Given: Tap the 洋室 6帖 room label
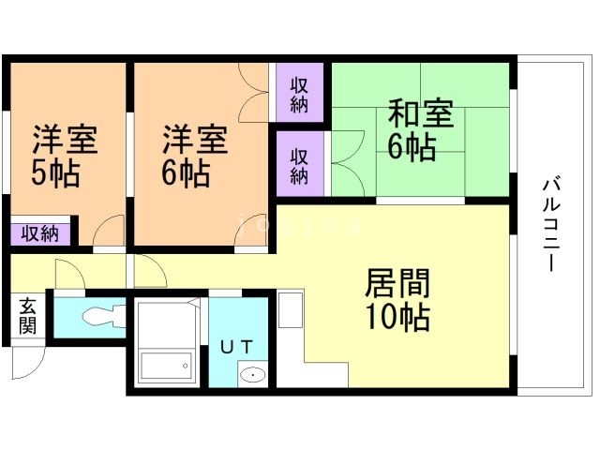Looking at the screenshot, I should pyautogui.click(x=195, y=155).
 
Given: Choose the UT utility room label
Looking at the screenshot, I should pyautogui.click(x=236, y=346).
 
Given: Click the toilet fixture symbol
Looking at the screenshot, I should pyautogui.click(x=98, y=316).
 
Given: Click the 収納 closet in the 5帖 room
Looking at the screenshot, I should pyautogui.click(x=39, y=232).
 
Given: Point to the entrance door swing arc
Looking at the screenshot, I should pyautogui.click(x=28, y=364).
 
